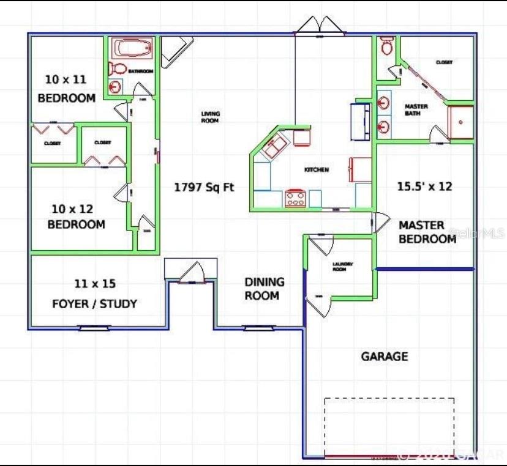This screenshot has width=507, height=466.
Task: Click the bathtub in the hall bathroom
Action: tap(132, 48)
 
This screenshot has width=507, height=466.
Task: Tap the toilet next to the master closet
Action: tap(386, 46)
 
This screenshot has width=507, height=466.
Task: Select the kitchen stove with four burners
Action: tap(295, 198)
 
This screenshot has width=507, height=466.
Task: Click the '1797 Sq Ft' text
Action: tap(204, 188)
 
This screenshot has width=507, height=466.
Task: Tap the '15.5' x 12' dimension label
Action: tap(424, 187)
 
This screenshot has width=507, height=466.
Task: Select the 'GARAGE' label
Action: tap(384, 356)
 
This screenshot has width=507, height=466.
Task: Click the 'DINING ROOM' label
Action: tap(265, 289)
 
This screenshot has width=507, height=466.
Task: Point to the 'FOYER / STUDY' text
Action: tap(94, 303)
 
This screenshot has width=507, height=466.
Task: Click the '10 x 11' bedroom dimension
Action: tap(66, 80)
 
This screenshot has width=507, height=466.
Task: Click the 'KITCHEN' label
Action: tap(317, 169)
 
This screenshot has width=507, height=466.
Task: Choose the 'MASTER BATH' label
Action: tap(416, 110)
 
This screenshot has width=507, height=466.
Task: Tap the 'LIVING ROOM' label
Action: tap(210, 117)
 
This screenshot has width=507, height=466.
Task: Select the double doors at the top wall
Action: tap(318, 26)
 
